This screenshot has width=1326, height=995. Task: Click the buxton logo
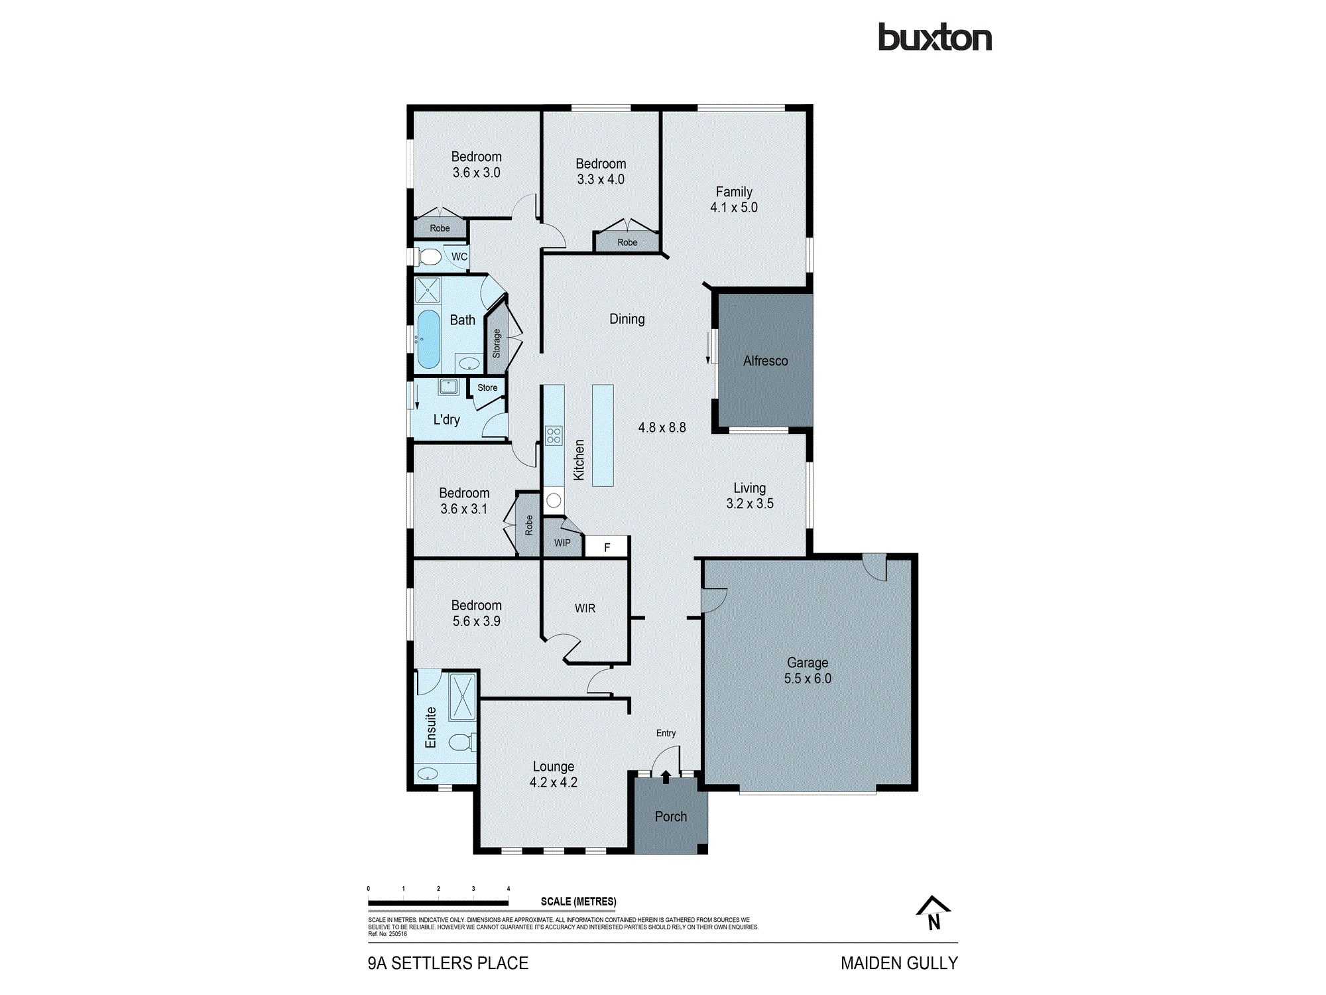point(934,38)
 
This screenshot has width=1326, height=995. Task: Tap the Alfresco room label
point(765,361)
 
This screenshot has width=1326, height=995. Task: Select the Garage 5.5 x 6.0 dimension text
point(807,679)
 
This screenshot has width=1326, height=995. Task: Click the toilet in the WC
point(430,257)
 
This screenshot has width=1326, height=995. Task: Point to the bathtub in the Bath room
point(428,338)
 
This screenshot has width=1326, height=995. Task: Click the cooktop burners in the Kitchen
point(554,436)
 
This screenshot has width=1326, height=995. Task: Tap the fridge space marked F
point(607,547)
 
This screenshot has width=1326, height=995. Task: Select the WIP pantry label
point(562,543)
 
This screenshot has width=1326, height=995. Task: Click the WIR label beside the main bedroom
point(585,608)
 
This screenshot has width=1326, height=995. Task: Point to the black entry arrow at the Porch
point(666,777)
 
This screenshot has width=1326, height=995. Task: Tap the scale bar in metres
point(438,902)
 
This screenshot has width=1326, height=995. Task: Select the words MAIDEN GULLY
point(898,963)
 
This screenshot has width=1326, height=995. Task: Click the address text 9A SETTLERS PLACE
point(448,963)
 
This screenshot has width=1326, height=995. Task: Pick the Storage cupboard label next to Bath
point(497,344)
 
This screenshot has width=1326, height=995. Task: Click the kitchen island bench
point(603,435)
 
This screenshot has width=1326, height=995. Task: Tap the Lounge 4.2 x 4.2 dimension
point(553,783)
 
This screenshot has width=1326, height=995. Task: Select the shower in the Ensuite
point(462,696)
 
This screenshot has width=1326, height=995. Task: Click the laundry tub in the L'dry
point(448,386)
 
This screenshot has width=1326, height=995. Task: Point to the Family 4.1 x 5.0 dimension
point(733,208)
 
